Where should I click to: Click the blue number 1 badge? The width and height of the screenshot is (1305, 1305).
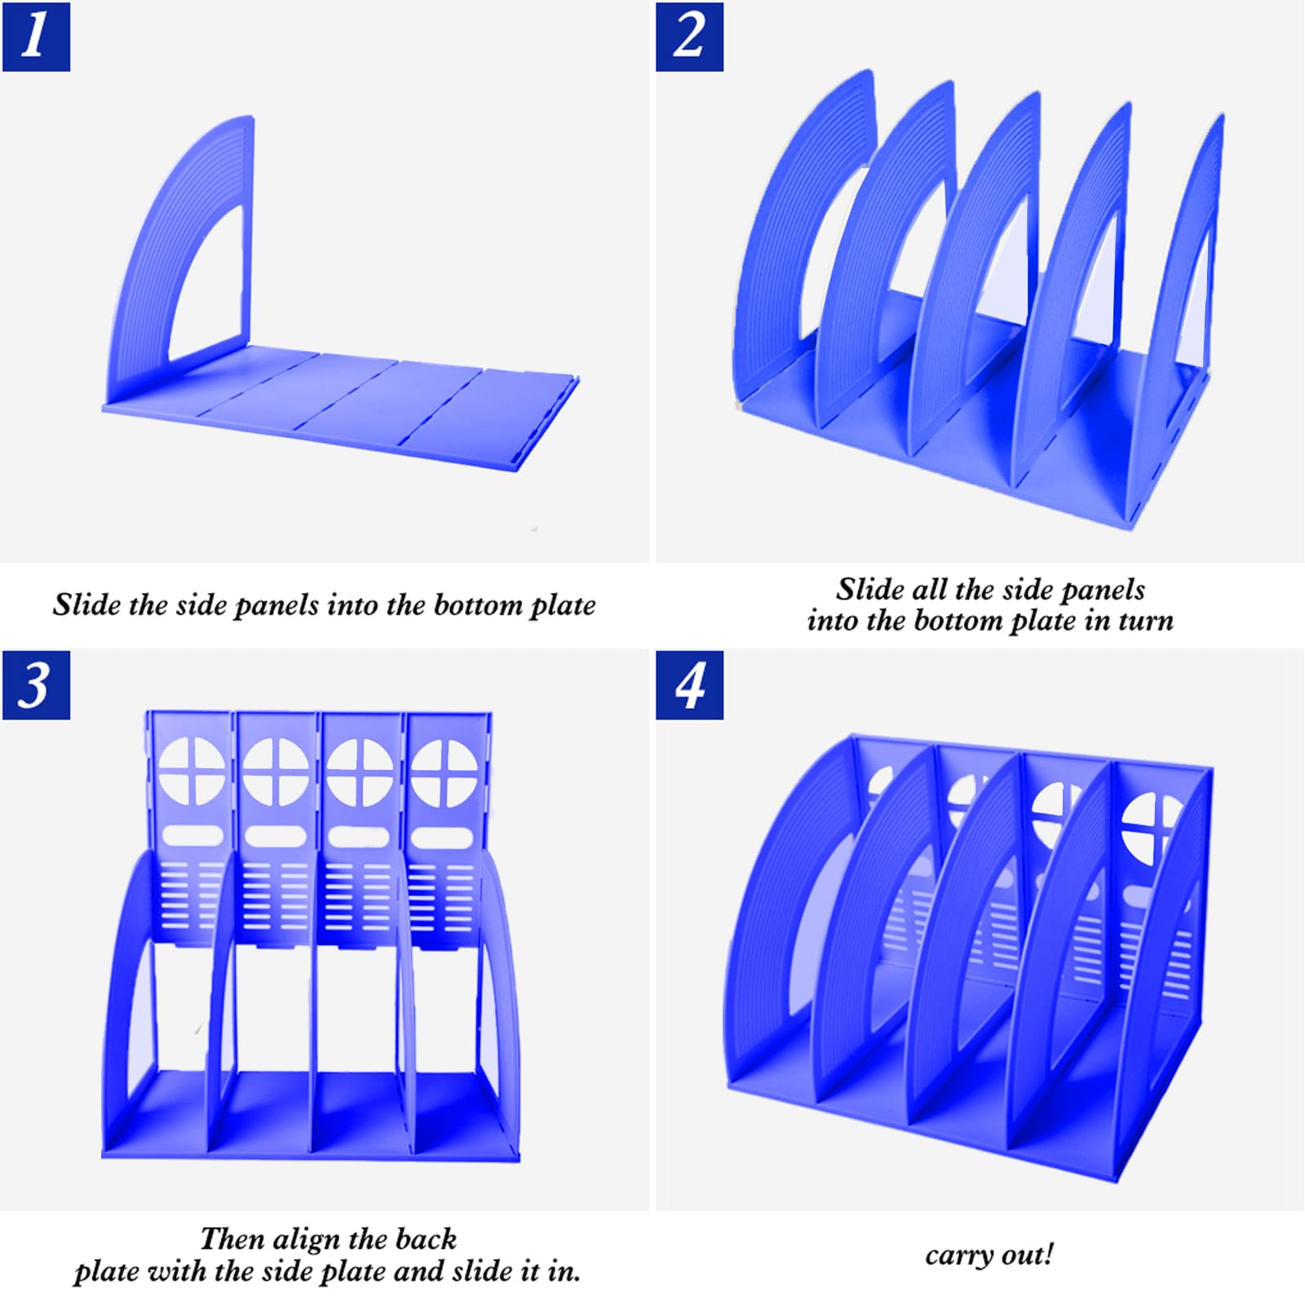point(36,37)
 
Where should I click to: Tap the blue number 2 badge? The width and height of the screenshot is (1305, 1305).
point(689,37)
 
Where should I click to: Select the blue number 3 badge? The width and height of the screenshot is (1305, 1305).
point(36,685)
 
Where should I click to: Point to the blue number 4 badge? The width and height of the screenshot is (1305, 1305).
point(689,685)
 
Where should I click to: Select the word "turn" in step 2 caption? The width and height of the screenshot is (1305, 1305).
point(1145,622)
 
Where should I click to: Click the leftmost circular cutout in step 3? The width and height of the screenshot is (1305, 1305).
point(192,772)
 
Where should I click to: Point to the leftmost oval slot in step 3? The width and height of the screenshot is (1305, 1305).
point(192,836)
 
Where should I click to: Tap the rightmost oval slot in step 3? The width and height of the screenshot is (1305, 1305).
point(443,838)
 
